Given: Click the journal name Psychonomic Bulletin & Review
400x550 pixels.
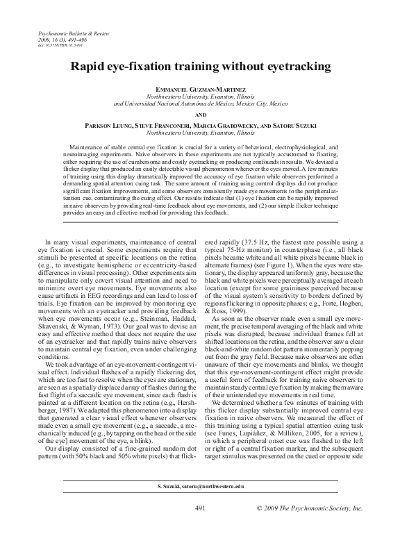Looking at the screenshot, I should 68,34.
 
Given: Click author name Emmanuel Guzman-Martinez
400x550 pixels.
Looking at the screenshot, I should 200,90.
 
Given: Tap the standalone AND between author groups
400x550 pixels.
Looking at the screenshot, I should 200,115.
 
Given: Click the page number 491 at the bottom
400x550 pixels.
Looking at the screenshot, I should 200,528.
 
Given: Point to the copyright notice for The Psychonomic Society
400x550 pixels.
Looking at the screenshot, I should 319,528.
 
